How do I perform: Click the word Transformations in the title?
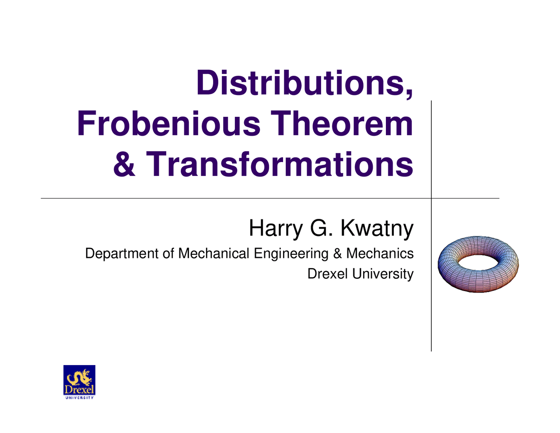tap(279, 164)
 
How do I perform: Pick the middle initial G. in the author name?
tap(321, 228)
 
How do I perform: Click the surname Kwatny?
tap(377, 229)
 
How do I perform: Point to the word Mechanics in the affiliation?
tap(380, 253)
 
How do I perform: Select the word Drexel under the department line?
tap(328, 274)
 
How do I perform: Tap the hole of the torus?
tap(478, 262)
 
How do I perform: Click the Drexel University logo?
tap(79, 382)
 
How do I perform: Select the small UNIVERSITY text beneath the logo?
tap(79, 398)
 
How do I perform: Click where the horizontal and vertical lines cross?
tap(431, 198)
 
